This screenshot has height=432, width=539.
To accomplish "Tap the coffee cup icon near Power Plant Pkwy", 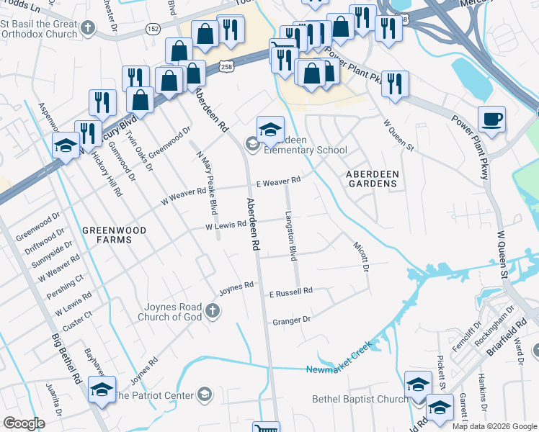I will coord(491,119).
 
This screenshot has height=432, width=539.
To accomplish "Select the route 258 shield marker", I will coord(226,66).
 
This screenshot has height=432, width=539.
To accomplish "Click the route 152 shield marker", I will coord(153,28).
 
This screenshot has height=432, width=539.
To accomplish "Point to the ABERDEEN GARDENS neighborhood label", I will coord(371,179).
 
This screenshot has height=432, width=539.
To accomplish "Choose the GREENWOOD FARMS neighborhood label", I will coord(114,235).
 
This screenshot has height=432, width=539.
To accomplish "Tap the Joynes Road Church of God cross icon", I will coord(212,310).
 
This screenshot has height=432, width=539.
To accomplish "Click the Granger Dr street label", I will coord(291,320).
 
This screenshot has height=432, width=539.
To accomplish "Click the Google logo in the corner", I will coord(24,423).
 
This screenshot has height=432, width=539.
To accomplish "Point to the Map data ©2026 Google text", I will coord(494,426).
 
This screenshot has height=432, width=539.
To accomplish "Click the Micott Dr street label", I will coord(360,256).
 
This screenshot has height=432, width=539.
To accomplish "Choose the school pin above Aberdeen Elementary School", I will coord(270,130).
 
